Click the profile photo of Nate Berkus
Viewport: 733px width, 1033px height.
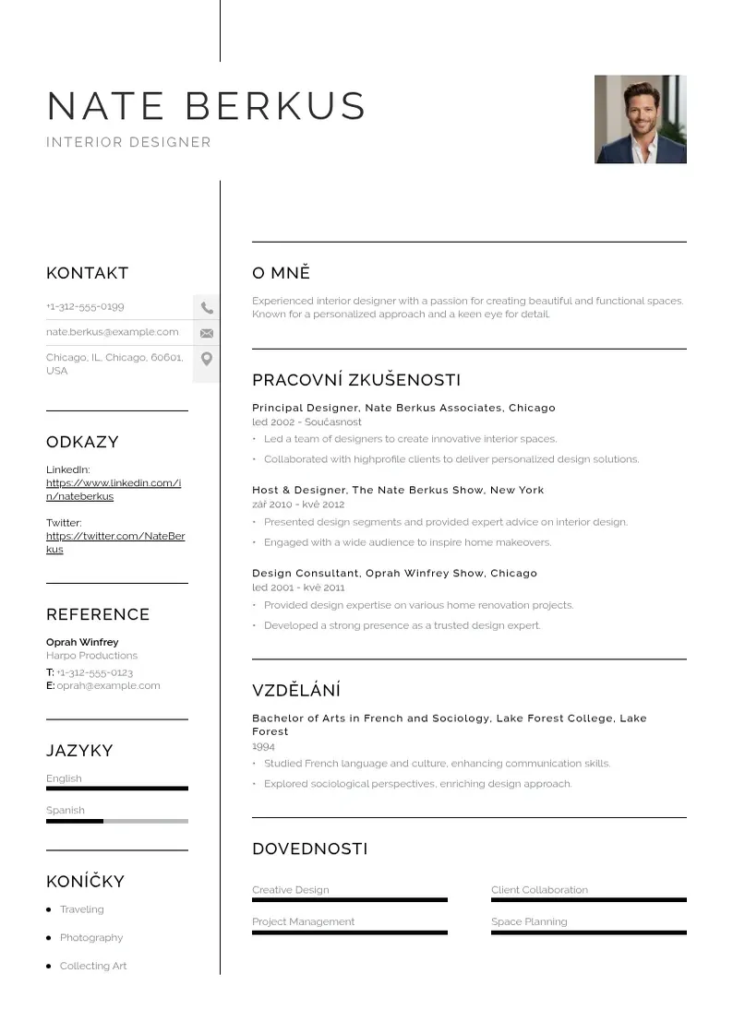pyautogui.click(x=640, y=119)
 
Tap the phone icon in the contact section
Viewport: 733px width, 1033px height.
pyautogui.click(x=207, y=307)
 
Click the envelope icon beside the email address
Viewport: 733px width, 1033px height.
pyautogui.click(x=207, y=333)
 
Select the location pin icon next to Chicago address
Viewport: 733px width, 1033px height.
pyautogui.click(x=207, y=359)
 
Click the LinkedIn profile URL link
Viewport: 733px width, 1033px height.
pyautogui.click(x=113, y=490)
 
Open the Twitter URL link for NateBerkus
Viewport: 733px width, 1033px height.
pyautogui.click(x=114, y=542)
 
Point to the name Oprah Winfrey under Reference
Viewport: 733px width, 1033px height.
pyautogui.click(x=82, y=642)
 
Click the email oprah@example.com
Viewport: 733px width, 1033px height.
pyautogui.click(x=108, y=685)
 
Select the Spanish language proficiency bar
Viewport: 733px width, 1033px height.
pyautogui.click(x=116, y=821)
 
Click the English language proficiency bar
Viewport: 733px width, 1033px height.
pyautogui.click(x=116, y=789)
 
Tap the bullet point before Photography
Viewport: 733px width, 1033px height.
pyautogui.click(x=48, y=938)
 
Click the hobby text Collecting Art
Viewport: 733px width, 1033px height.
pyautogui.click(x=93, y=966)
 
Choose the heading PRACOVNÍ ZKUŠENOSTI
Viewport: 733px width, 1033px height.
pyautogui.click(x=356, y=380)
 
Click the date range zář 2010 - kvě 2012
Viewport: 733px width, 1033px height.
pyautogui.click(x=298, y=505)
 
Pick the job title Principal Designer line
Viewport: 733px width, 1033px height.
pyautogui.click(x=403, y=408)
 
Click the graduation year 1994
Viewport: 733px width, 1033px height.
pyautogui.click(x=263, y=746)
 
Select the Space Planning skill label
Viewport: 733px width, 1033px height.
pyautogui.click(x=529, y=921)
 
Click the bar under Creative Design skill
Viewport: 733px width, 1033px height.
pyautogui.click(x=349, y=900)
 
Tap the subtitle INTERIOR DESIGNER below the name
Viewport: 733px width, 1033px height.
pyautogui.click(x=128, y=142)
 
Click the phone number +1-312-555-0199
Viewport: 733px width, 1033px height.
pyautogui.click(x=85, y=306)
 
